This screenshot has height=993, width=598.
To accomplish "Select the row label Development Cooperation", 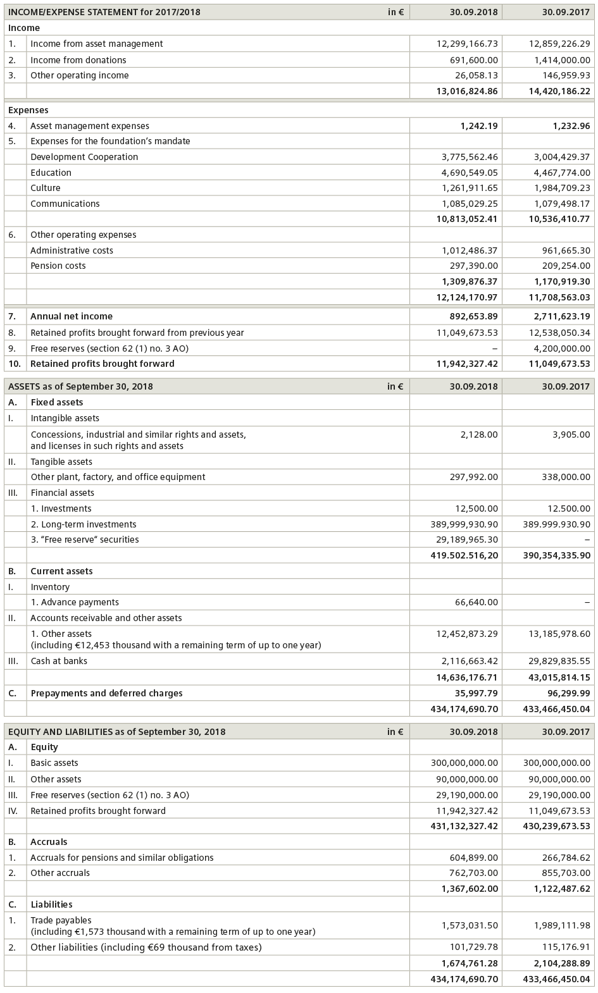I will (x=84, y=157).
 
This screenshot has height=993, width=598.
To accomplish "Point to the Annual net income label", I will (x=72, y=316).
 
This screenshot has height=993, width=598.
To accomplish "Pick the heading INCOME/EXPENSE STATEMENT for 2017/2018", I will (x=104, y=12).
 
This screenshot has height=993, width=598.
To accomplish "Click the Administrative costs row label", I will (x=72, y=250).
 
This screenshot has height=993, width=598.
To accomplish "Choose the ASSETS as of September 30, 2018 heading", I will (x=80, y=386).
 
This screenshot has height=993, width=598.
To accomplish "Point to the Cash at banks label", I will (x=59, y=661).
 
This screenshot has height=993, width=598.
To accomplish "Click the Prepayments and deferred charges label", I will (x=106, y=693).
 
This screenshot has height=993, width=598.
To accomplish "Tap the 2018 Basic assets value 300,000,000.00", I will (x=464, y=763).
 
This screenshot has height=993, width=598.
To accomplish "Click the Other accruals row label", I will (x=60, y=873).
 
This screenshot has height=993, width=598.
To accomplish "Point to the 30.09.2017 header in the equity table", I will (x=566, y=732).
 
